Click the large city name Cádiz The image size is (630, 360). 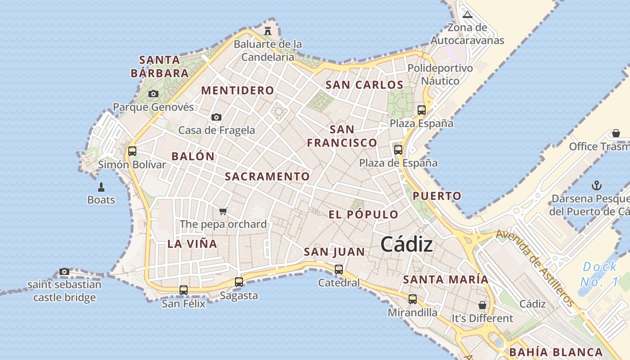click(x=406, y=244)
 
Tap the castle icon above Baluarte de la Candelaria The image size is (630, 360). click(x=268, y=31)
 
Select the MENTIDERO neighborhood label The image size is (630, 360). click(x=237, y=90)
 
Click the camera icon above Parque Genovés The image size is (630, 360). click(x=153, y=94)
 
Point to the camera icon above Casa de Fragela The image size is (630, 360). click(x=216, y=117)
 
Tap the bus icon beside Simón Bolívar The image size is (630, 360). click(x=132, y=151)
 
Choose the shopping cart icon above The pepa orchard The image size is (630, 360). click(x=223, y=211)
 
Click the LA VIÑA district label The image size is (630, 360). click(x=192, y=244)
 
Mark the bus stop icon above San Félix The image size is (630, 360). click(x=184, y=290)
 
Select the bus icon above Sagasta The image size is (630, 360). click(x=239, y=282)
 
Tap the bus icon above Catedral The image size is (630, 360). click(x=339, y=270)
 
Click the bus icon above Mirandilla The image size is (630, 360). click(x=412, y=299)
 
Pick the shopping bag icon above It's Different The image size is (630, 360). click(x=482, y=305)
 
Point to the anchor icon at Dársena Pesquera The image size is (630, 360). click(x=596, y=185)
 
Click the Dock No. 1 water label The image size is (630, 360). click(x=599, y=274)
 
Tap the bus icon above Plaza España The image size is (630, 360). click(x=422, y=110)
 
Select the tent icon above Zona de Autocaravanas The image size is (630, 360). click(x=468, y=14)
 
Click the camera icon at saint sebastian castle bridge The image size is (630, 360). click(x=64, y=271)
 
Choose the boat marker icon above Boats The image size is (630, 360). click(x=101, y=187)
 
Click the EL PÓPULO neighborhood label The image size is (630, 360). click(x=363, y=215)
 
